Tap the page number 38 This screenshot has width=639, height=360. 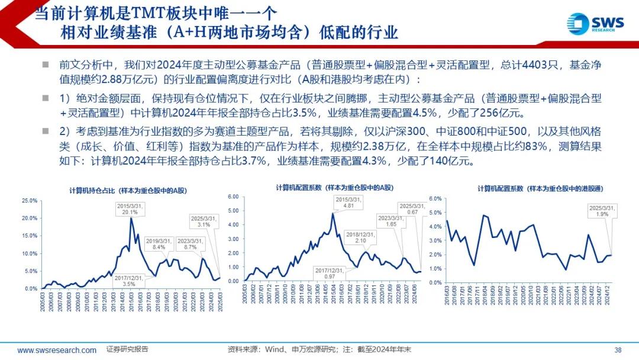[x=618, y=349]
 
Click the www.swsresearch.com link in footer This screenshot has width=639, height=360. [x=57, y=350]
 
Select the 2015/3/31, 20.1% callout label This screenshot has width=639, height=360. [x=130, y=208]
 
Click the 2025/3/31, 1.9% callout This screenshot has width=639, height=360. [x=602, y=211]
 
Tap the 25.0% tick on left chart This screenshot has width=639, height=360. [x=30, y=201]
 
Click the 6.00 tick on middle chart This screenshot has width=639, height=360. [x=233, y=197]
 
